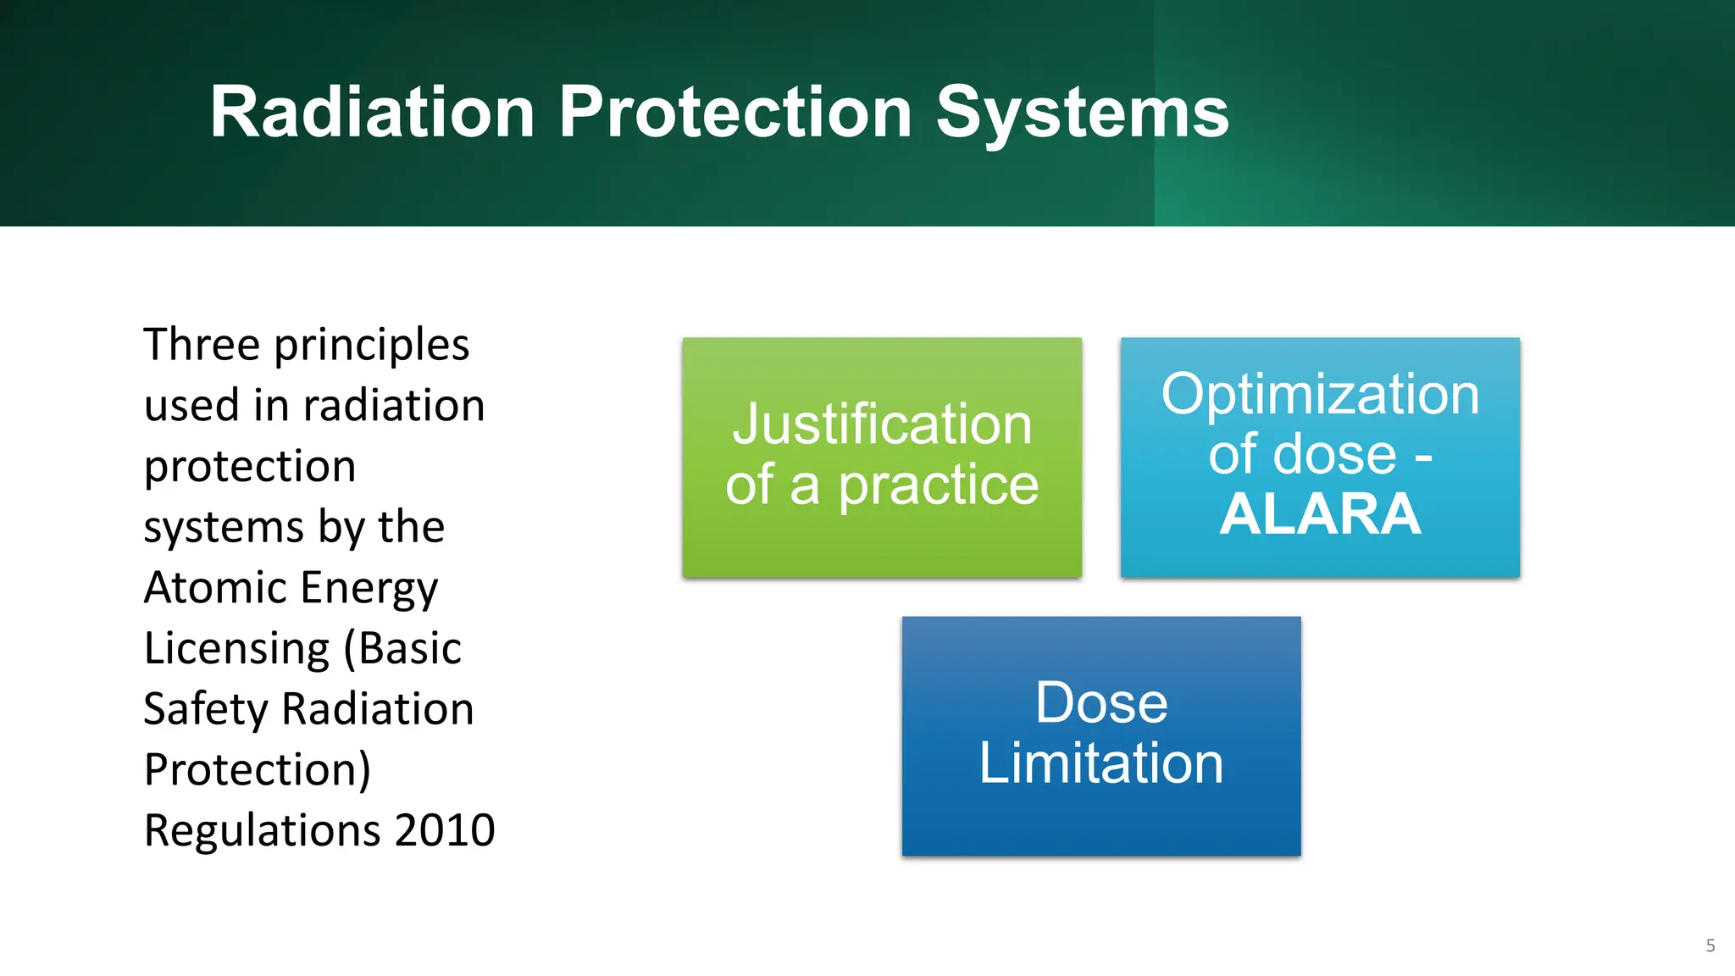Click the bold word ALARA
[x=1320, y=514]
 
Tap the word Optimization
[x=1320, y=395]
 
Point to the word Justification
[x=882, y=424]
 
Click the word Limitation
[x=1100, y=763]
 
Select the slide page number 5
[x=1710, y=945]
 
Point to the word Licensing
[x=236, y=650]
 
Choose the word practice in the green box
[x=938, y=486]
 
